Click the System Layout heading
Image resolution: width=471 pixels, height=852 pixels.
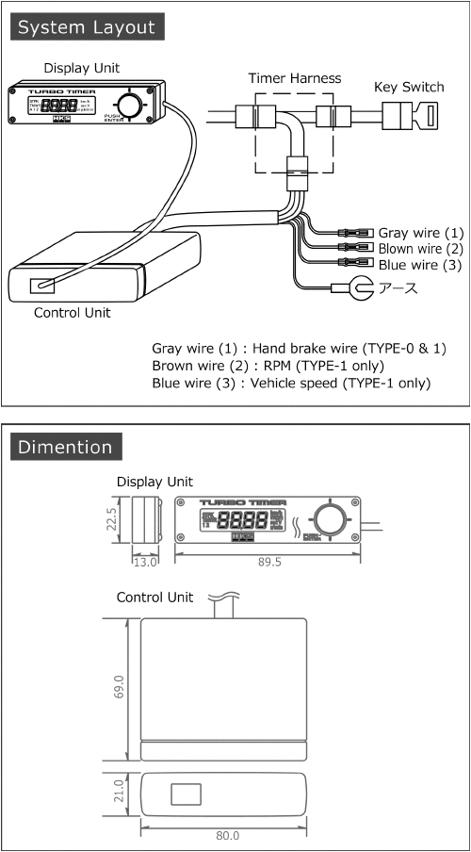tap(86, 27)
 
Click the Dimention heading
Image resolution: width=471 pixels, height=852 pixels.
tap(65, 447)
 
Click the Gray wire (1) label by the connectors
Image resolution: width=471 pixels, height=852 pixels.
tap(420, 232)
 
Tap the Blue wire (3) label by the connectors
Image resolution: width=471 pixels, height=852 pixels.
tap(420, 266)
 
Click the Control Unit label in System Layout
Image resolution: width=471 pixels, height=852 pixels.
tap(71, 313)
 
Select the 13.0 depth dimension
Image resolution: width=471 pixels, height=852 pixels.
tap(143, 562)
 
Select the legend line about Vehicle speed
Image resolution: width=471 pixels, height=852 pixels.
tap(291, 383)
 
